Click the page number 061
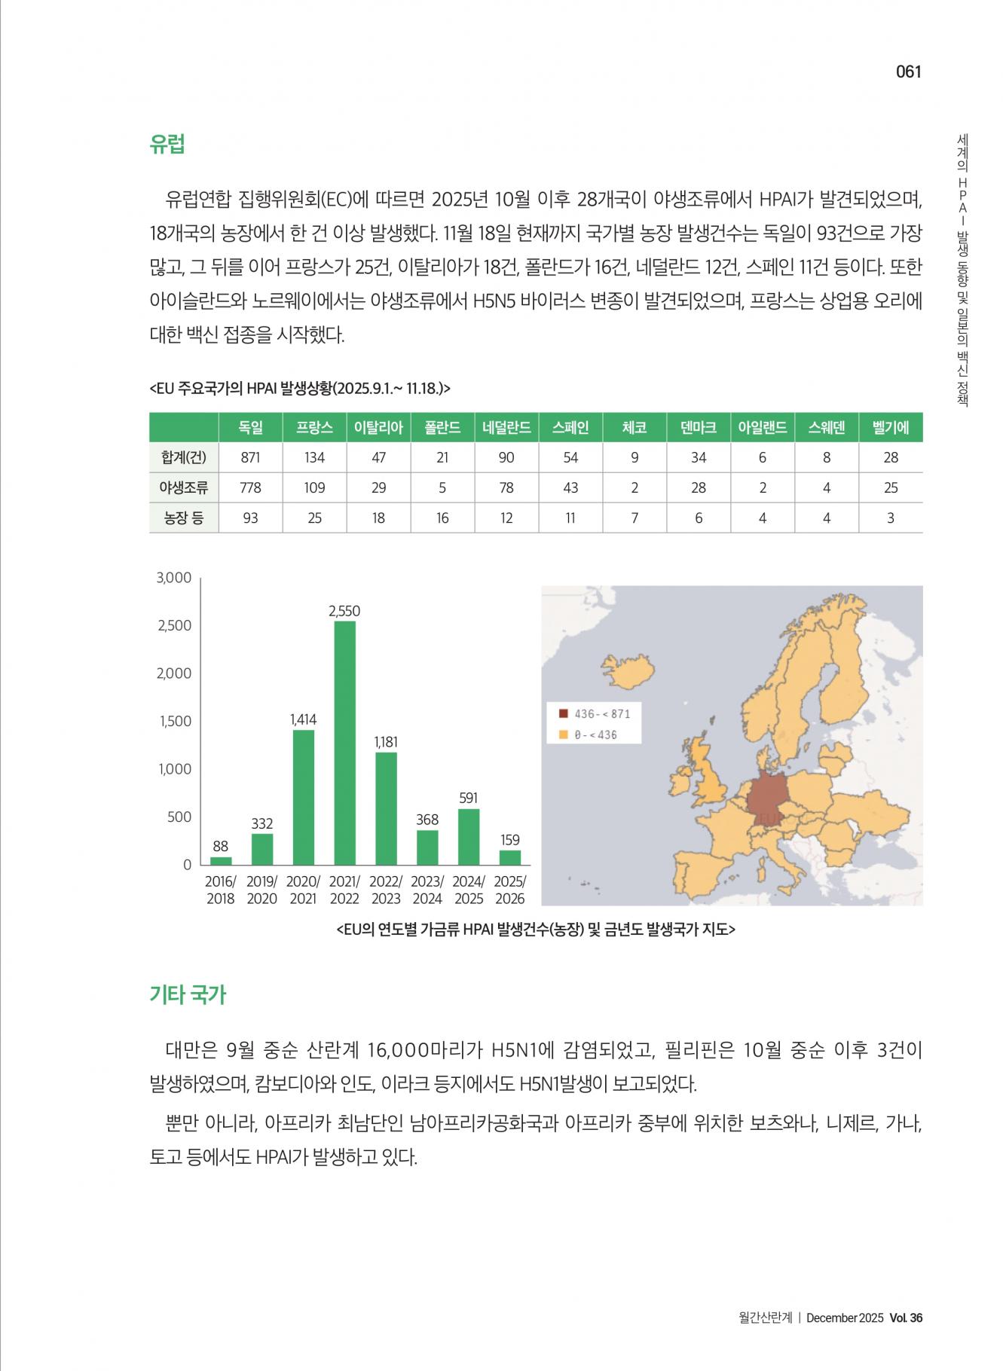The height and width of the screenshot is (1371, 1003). [908, 72]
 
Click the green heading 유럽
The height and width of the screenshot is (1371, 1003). [167, 144]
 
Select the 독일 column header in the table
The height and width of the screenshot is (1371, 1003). [250, 427]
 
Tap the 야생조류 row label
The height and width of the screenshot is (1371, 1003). [183, 487]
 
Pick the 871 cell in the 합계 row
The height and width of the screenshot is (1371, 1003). [250, 457]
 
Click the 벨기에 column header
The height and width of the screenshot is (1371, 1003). [890, 427]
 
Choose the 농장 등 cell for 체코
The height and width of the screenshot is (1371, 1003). [635, 518]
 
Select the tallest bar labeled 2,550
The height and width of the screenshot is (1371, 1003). [344, 742]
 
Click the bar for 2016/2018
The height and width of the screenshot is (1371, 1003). [221, 860]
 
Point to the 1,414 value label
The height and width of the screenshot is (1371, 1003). [303, 719]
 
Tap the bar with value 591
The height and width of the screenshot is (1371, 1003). [468, 836]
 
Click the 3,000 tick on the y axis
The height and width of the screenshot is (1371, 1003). [174, 578]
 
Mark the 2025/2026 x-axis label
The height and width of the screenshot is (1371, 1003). [510, 890]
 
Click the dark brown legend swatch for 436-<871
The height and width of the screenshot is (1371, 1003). [563, 713]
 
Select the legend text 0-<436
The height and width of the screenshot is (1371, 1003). [595, 734]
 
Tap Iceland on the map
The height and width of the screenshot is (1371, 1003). [625, 670]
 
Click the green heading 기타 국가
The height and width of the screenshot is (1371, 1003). [188, 994]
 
